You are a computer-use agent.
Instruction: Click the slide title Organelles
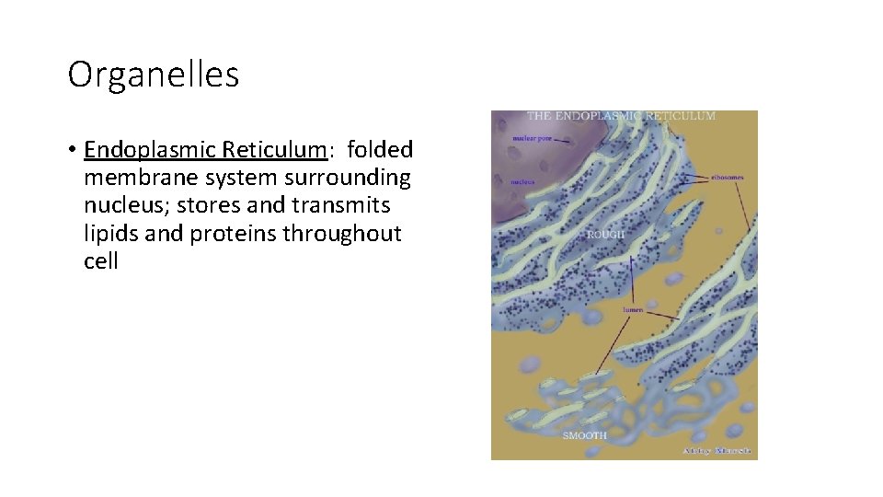(154, 75)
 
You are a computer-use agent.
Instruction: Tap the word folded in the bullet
(381, 149)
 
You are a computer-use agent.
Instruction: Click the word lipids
(110, 233)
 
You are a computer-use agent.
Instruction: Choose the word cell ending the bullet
(101, 260)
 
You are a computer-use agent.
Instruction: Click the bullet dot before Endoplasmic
(72, 150)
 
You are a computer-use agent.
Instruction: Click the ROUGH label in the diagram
(605, 235)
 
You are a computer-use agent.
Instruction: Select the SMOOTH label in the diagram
(585, 434)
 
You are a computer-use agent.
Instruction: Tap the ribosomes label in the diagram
(727, 176)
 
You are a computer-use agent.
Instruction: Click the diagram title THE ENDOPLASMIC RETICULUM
(621, 116)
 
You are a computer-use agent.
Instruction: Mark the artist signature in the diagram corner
(717, 451)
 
